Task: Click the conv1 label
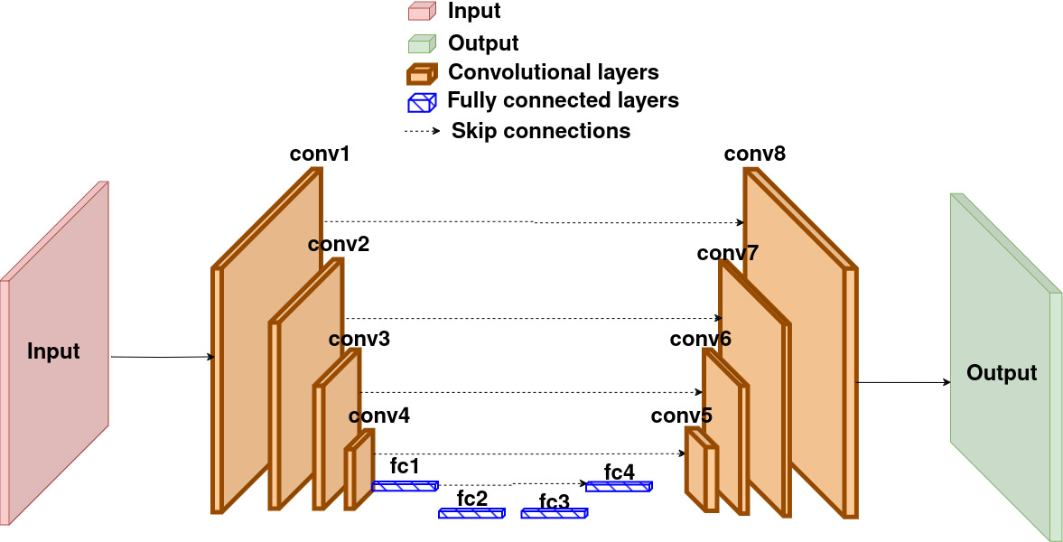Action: click(x=320, y=154)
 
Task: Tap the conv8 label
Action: click(x=754, y=154)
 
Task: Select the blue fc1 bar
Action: click(x=406, y=486)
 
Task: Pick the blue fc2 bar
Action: click(x=471, y=513)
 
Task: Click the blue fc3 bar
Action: click(x=554, y=513)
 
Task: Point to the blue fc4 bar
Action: click(x=619, y=486)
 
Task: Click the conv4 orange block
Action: click(x=359, y=469)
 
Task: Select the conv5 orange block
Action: click(x=701, y=469)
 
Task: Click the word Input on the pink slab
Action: click(x=53, y=351)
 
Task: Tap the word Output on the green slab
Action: click(x=1002, y=373)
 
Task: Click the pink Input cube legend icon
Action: click(x=421, y=12)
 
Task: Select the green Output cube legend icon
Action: click(x=421, y=44)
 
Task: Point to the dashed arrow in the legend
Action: click(x=423, y=131)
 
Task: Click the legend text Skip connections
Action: click(x=541, y=130)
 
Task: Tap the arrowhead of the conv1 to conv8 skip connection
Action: click(x=741, y=222)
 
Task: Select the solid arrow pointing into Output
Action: click(x=904, y=383)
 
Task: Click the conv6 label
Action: click(x=700, y=339)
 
